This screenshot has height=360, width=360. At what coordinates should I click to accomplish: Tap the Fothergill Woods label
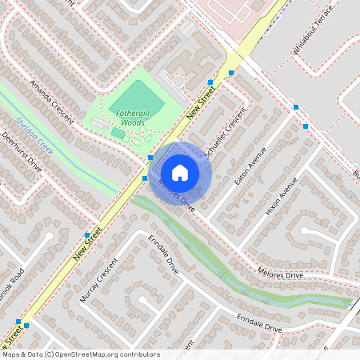[130, 118]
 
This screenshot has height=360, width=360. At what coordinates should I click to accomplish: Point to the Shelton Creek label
[34, 136]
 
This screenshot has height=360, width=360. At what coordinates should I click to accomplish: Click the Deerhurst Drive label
[21, 152]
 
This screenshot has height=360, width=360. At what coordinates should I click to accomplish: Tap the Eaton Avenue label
[250, 166]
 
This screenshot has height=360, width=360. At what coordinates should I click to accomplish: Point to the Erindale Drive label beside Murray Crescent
[163, 255]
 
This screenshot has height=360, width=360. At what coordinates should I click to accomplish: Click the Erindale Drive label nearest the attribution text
[259, 322]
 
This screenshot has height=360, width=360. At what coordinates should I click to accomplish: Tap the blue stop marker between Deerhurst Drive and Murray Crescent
[87, 235]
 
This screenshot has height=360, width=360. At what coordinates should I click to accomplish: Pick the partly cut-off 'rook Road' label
[13, 282]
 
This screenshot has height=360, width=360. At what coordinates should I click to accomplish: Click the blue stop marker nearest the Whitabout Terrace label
[295, 106]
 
